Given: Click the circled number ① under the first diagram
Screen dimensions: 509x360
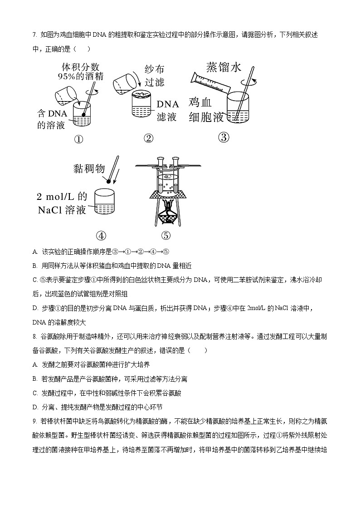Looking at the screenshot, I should (78, 140).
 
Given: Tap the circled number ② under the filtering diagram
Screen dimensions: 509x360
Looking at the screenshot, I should (148, 139).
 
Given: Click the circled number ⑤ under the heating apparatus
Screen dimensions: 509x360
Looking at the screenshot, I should (165, 236).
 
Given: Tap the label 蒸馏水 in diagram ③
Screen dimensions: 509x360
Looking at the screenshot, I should (224, 67).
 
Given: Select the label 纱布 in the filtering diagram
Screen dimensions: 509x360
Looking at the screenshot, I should (154, 69).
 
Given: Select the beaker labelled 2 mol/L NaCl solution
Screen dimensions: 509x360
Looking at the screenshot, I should (107, 202).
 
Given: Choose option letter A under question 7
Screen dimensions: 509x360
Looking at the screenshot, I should (35, 252).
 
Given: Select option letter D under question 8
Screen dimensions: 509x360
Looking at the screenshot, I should (35, 407).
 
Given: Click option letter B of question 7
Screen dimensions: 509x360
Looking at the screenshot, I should (35, 266).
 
